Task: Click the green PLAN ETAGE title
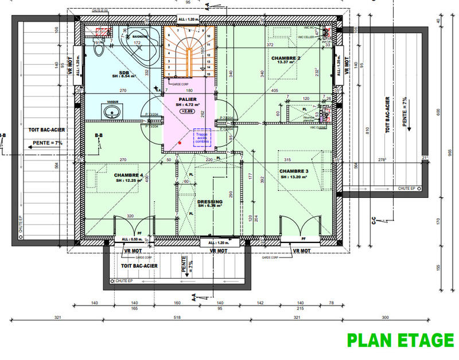click(400, 341)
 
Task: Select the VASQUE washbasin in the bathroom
click(113, 111)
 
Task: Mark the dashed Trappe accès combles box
click(203, 138)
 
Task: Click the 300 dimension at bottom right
click(384, 317)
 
